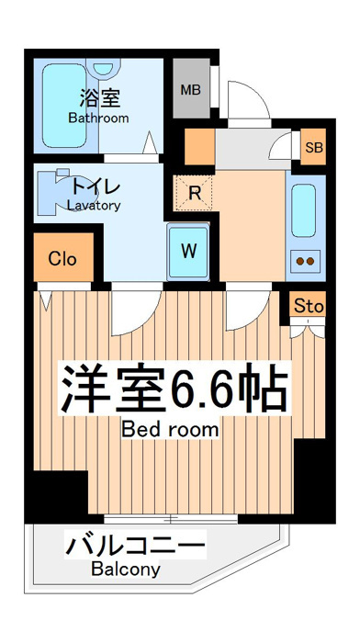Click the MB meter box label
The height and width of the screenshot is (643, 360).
pyautogui.click(x=191, y=90)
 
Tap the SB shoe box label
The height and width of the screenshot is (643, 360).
pyautogui.click(x=314, y=147)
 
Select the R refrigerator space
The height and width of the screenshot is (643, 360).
pyautogui.click(x=194, y=193)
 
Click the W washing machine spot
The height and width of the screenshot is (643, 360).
pyautogui.click(x=188, y=252)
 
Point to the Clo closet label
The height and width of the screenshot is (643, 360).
pyautogui.click(x=62, y=259)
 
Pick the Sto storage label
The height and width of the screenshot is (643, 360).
pyautogui.click(x=309, y=306)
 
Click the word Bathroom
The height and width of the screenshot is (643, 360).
pyautogui.click(x=98, y=118)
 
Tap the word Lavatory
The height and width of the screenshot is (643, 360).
pyautogui.click(x=95, y=205)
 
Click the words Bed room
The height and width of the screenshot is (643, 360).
pyautogui.click(x=170, y=429)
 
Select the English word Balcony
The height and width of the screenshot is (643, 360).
pyautogui.click(x=126, y=570)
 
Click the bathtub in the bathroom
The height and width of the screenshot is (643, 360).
pyautogui.click(x=64, y=105)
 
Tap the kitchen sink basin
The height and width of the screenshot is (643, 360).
pyautogui.click(x=303, y=210)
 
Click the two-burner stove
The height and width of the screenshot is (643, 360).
pyautogui.click(x=305, y=261)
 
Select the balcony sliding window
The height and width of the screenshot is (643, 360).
pyautogui.click(x=171, y=520)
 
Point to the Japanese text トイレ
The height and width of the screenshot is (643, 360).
pyautogui.click(x=96, y=187)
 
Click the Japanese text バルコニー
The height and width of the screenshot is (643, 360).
pyautogui.click(x=135, y=545)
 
